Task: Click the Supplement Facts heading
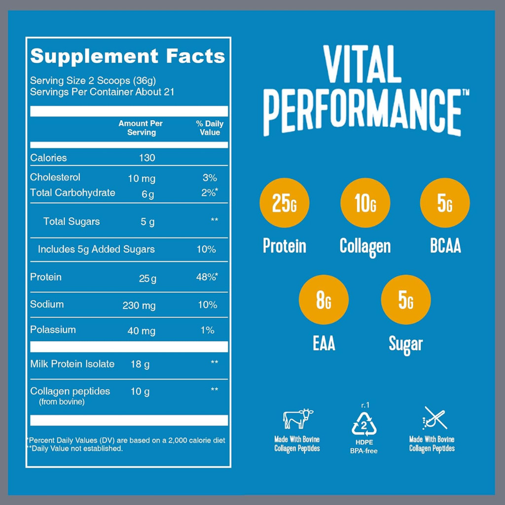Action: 127,56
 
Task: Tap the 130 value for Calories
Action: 146,158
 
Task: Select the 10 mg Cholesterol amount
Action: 141,178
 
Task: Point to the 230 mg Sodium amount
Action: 139,305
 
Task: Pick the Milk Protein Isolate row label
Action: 72,364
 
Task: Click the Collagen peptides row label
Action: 70,391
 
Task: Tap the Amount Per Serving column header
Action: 141,128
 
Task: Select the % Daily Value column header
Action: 210,128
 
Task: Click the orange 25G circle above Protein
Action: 285,203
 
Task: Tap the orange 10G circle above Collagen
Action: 365,203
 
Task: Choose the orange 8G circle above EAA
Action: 324,300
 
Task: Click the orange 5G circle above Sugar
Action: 406,300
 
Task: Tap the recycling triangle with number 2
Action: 364,424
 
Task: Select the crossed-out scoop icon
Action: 434,418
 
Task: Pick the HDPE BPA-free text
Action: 364,446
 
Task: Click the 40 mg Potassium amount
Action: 142,331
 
